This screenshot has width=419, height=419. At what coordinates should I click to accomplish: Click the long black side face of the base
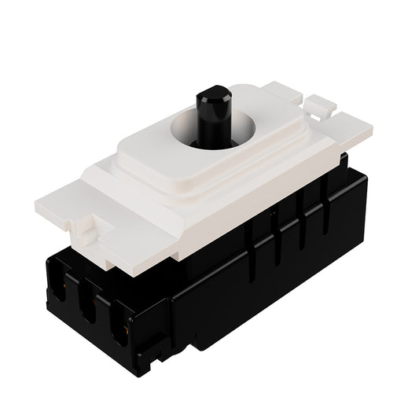[x=259, y=275]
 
